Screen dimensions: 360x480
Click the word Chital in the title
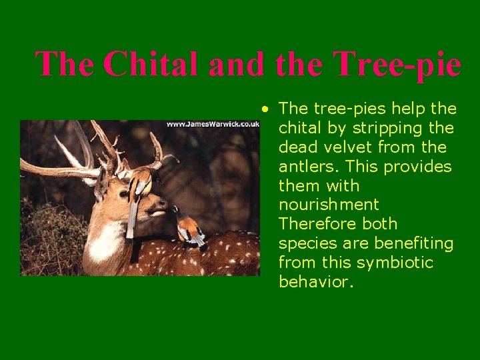coord(151,65)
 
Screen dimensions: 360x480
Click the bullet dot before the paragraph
coord(265,108)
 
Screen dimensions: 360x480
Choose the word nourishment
coord(328,205)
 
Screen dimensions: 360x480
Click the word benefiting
coord(415,243)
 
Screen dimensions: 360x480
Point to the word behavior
coord(314,282)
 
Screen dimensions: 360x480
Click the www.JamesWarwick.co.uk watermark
coord(212,124)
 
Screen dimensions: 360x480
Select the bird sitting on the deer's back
coord(190,229)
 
